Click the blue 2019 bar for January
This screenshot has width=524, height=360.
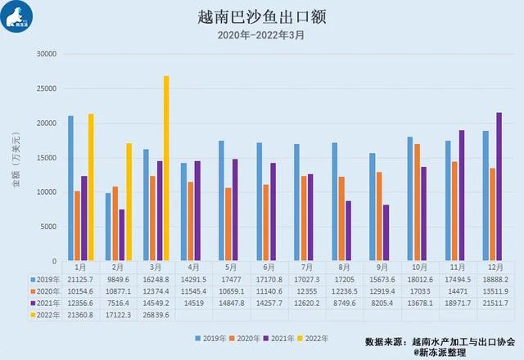pyautogui.click(x=71, y=188)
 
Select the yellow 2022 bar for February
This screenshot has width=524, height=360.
pyautogui.click(x=129, y=202)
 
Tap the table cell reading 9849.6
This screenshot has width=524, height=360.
pyautogui.click(x=117, y=278)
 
